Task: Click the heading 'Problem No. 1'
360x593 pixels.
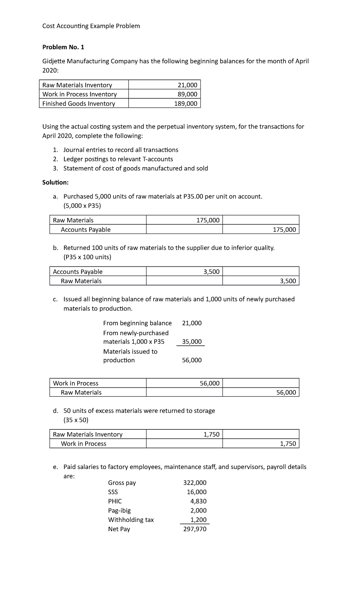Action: [63, 47]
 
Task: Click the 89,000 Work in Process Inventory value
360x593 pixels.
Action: [187, 94]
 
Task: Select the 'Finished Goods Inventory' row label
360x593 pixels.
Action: [79, 104]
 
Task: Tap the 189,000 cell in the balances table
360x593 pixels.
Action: [186, 104]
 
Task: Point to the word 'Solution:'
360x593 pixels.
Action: [55, 182]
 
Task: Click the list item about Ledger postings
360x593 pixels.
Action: [118, 159]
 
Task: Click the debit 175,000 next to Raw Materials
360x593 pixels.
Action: [208, 220]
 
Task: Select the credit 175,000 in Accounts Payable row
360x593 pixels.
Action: [284, 230]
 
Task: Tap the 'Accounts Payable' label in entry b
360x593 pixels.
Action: [78, 272]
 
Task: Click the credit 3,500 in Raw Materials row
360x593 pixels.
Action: [288, 281]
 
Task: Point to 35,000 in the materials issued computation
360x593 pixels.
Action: [192, 342]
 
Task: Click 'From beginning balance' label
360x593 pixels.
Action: [137, 323]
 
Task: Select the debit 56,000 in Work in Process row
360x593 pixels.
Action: [209, 383]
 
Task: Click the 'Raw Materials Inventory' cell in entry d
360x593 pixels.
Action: [88, 434]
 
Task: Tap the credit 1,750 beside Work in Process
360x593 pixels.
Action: [288, 444]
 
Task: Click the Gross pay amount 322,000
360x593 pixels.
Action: [195, 483]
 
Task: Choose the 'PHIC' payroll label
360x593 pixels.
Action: [115, 501]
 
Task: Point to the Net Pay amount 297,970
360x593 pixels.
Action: [195, 529]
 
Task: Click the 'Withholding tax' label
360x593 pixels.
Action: [131, 520]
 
